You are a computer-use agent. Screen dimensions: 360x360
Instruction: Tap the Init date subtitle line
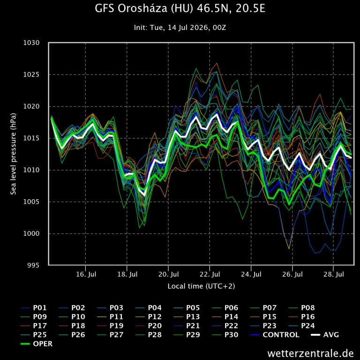coord(180,28)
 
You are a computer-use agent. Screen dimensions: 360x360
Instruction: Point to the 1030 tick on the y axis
coord(31,43)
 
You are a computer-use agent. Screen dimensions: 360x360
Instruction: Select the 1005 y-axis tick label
coord(31,202)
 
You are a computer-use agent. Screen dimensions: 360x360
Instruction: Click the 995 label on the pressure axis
coord(33,265)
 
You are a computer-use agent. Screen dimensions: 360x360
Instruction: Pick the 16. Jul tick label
coord(86,274)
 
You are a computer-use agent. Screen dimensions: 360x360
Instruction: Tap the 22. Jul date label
coord(210,274)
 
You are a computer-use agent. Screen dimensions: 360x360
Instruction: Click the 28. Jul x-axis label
coord(334,274)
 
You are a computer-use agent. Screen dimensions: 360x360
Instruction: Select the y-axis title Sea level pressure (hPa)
coord(13,154)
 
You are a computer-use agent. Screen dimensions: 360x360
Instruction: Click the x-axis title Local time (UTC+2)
coord(202,286)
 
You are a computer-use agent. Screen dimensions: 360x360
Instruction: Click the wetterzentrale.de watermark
coord(310,353)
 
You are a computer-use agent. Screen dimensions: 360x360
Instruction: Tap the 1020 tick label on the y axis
coord(31,106)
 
